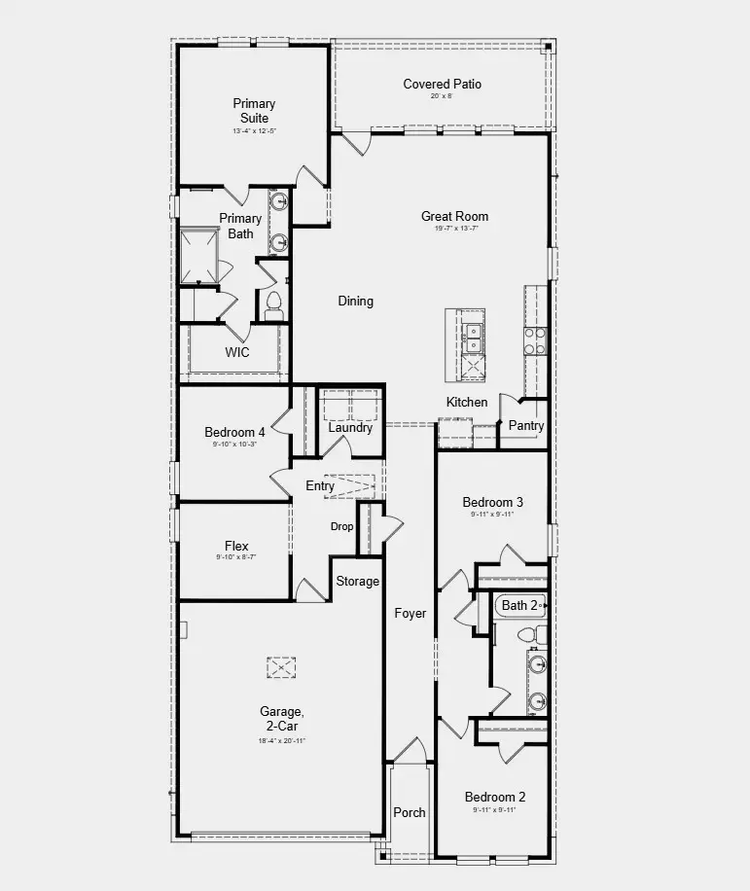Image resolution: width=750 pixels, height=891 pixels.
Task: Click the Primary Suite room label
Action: click(x=254, y=111)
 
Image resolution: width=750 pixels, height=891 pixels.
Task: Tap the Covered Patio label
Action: click(x=443, y=85)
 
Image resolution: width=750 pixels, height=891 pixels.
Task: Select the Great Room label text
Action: click(x=454, y=217)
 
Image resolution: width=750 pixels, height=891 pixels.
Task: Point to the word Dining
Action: click(x=355, y=302)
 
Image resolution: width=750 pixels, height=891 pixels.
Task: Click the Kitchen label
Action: click(x=467, y=403)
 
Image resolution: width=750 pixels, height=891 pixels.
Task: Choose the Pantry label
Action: click(x=526, y=426)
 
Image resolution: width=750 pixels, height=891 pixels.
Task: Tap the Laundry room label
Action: click(x=350, y=428)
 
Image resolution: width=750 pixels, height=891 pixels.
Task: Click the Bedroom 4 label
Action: click(x=234, y=433)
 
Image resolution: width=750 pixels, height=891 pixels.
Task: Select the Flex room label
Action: click(x=236, y=547)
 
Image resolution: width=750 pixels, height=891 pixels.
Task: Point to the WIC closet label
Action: click(x=237, y=352)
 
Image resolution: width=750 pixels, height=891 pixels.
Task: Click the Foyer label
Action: click(x=410, y=614)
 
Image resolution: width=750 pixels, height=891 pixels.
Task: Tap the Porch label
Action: click(x=410, y=812)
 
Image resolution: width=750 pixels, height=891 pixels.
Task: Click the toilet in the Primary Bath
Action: click(x=273, y=305)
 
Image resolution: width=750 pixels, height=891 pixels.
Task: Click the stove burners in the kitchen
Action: click(x=535, y=340)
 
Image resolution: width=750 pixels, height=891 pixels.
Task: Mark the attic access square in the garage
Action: click(x=280, y=667)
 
